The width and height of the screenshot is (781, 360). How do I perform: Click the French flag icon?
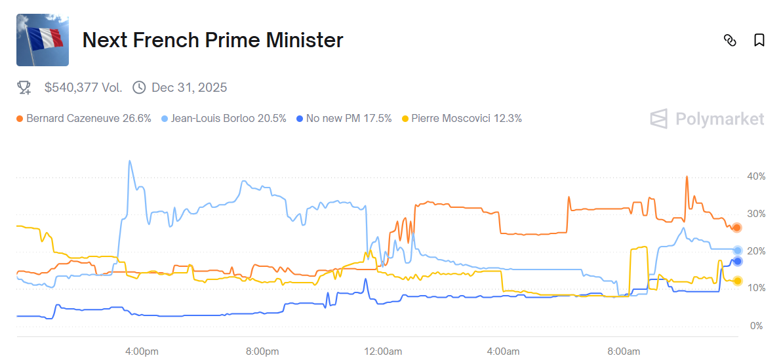pyautogui.click(x=43, y=40)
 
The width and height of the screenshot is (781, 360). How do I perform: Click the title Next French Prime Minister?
pyautogui.click(x=212, y=40)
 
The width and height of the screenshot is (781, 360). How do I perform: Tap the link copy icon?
pyautogui.click(x=730, y=40)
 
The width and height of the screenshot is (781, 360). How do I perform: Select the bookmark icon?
pyautogui.click(x=759, y=40)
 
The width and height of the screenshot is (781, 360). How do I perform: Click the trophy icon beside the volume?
pyautogui.click(x=24, y=87)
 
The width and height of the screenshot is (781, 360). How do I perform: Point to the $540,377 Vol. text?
pyautogui.click(x=83, y=87)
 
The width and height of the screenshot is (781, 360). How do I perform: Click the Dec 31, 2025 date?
pyautogui.click(x=189, y=87)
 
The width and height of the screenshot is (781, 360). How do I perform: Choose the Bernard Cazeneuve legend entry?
pyautogui.click(x=84, y=119)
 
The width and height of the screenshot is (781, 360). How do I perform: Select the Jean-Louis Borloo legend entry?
pyautogui.click(x=224, y=119)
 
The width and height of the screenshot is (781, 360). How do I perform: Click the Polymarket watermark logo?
pyautogui.click(x=707, y=119)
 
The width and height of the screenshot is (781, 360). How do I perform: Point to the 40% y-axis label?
pyautogui.click(x=756, y=176)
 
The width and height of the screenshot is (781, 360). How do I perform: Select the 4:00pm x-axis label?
pyautogui.click(x=142, y=352)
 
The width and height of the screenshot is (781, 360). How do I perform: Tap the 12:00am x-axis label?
pyautogui.click(x=384, y=352)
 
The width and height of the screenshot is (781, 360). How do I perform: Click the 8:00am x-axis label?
pyautogui.click(x=624, y=352)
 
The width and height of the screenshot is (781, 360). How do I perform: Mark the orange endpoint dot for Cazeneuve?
pyautogui.click(x=737, y=228)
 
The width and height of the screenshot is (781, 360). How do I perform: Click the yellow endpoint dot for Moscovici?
pyautogui.click(x=737, y=281)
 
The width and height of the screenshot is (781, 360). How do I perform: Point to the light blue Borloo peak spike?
pyautogui.click(x=129, y=161)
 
